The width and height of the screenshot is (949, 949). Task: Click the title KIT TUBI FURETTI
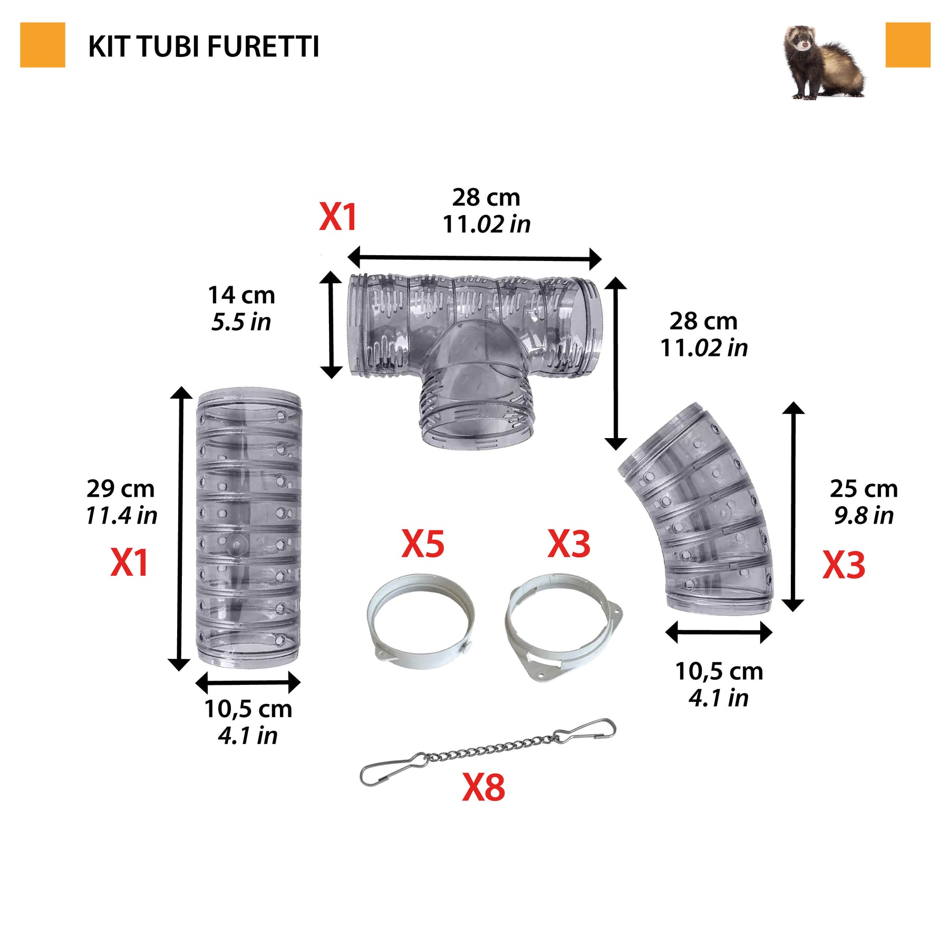(x=204, y=46)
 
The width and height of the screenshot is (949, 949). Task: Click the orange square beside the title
(x=43, y=45)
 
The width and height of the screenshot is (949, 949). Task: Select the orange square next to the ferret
(x=908, y=45)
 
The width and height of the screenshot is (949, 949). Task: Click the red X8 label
(x=483, y=788)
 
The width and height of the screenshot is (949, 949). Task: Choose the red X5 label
(x=423, y=544)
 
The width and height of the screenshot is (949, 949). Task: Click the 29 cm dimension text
(x=121, y=489)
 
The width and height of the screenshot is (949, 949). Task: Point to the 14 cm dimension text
(x=241, y=295)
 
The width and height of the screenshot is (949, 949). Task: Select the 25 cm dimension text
(x=864, y=489)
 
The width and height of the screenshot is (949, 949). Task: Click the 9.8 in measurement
(x=864, y=516)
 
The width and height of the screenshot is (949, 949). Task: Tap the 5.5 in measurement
(x=241, y=322)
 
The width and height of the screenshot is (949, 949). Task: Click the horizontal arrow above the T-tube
(x=475, y=258)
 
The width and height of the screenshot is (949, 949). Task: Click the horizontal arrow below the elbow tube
(x=719, y=632)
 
